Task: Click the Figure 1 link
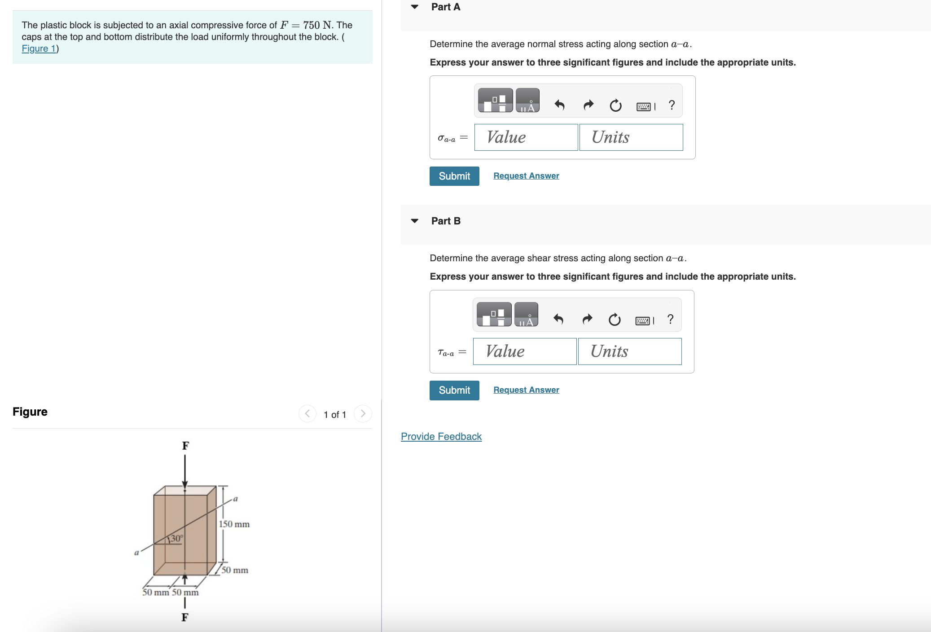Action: point(39,48)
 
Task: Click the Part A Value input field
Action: point(526,137)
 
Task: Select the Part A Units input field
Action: point(631,137)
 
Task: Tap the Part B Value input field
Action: point(524,351)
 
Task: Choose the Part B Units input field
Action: point(629,351)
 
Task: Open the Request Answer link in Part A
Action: point(526,176)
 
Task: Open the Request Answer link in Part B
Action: point(526,390)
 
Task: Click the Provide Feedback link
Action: point(441,436)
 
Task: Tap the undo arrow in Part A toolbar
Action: point(559,105)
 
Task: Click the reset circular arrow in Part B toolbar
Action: point(614,320)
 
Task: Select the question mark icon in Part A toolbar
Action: point(672,105)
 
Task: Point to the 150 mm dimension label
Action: point(234,524)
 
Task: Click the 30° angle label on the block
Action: point(176,538)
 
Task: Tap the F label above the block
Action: point(185,446)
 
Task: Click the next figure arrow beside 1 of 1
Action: point(363,414)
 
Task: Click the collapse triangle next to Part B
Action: point(415,221)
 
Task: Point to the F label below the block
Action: point(184,617)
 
